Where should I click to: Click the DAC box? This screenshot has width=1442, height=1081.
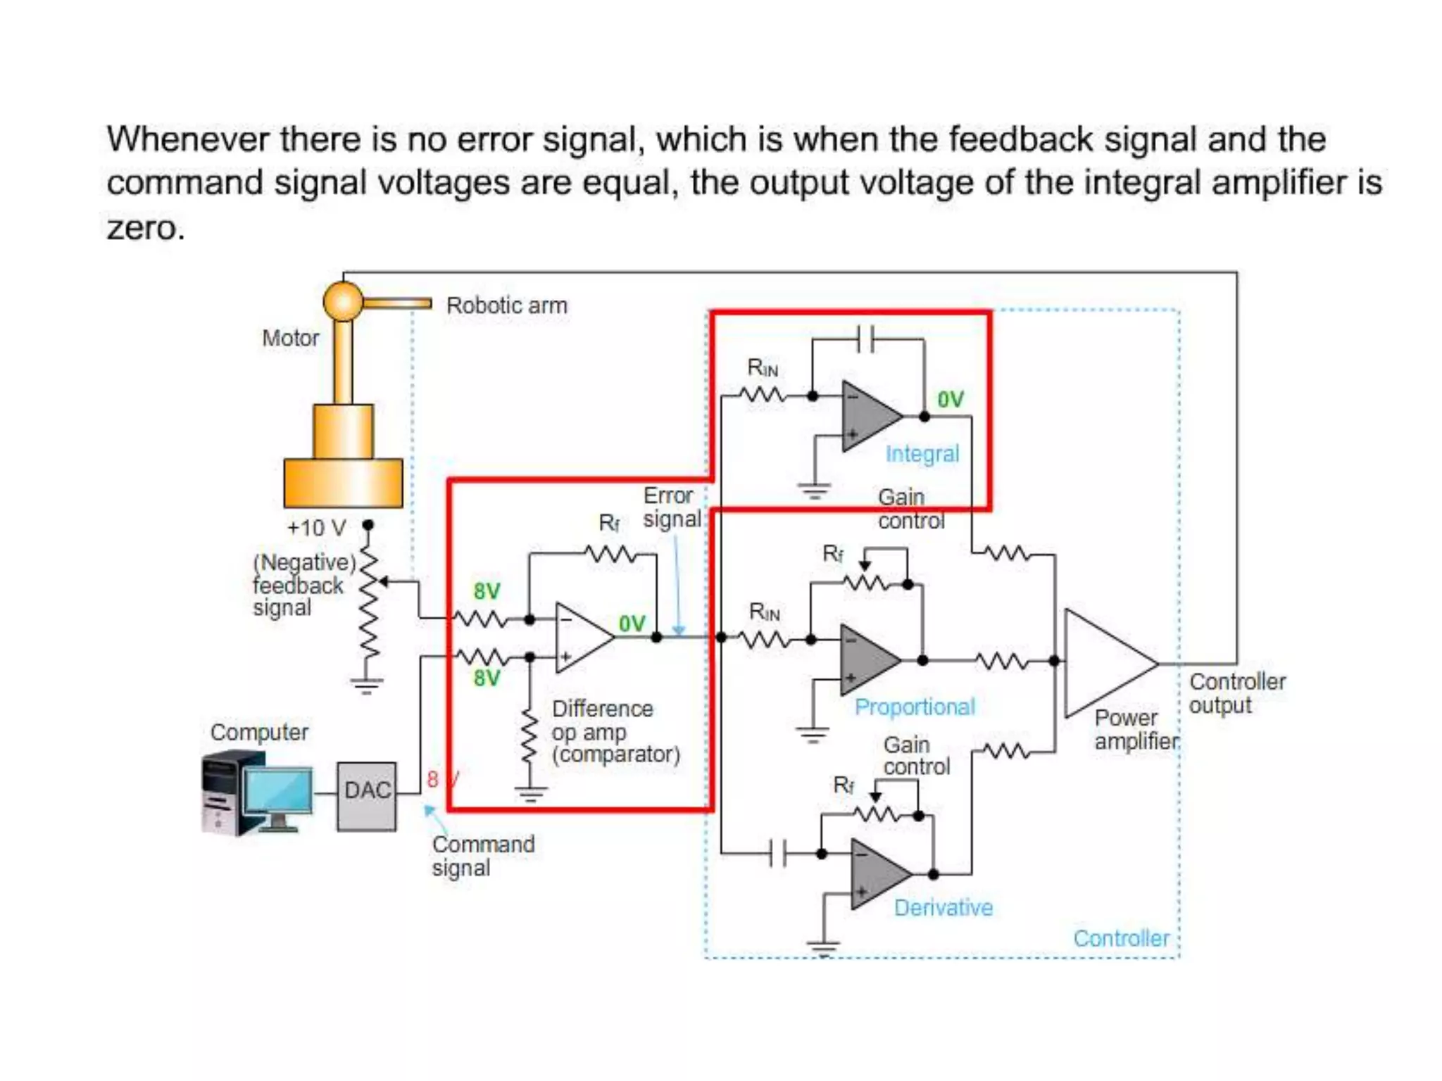(x=366, y=796)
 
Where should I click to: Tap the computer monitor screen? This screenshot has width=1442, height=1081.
(x=278, y=790)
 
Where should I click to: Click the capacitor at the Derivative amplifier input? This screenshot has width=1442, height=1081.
(x=778, y=853)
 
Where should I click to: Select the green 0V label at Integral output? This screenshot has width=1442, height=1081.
(x=950, y=400)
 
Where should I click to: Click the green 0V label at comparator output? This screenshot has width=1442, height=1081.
(x=632, y=624)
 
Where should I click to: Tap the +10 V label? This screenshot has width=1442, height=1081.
(x=317, y=528)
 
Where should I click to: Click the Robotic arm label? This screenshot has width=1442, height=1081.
(x=506, y=305)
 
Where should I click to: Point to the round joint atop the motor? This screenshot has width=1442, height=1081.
(x=343, y=301)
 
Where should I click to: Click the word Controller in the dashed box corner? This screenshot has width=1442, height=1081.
(x=1120, y=938)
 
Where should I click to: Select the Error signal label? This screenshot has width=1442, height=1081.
(x=671, y=507)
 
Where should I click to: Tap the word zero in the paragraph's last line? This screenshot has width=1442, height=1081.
(x=144, y=227)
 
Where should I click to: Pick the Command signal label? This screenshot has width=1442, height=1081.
(x=482, y=856)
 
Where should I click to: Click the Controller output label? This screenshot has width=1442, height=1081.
(x=1237, y=693)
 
